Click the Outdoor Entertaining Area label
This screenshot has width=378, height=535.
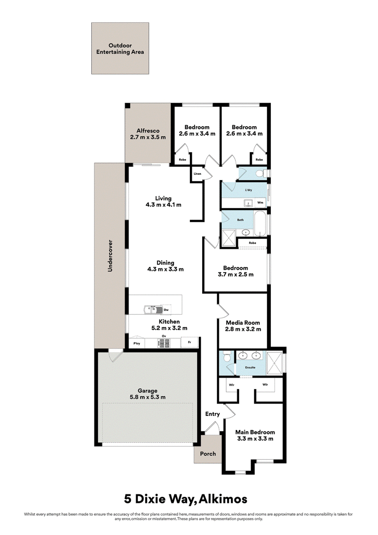(x=120, y=49)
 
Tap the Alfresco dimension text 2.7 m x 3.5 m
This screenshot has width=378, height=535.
(x=148, y=137)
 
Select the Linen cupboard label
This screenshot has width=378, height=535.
(x=197, y=173)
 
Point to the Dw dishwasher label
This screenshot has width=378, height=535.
(x=166, y=310)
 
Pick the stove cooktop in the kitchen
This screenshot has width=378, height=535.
(x=164, y=343)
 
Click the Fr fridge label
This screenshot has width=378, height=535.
(x=189, y=342)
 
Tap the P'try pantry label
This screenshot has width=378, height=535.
(x=137, y=343)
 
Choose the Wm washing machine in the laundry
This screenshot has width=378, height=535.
(x=260, y=202)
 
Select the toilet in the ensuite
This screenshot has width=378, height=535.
(x=227, y=357)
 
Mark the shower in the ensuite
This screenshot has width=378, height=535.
(x=275, y=362)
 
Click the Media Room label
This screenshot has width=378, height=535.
(x=243, y=322)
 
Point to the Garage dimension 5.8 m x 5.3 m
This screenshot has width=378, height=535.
(x=148, y=397)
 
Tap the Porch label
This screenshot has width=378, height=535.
(x=208, y=453)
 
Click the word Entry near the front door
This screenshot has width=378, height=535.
(x=213, y=414)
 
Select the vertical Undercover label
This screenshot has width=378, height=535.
(x=110, y=256)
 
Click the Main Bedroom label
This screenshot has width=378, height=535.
(x=255, y=432)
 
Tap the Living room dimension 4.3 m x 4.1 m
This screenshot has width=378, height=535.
(x=163, y=205)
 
